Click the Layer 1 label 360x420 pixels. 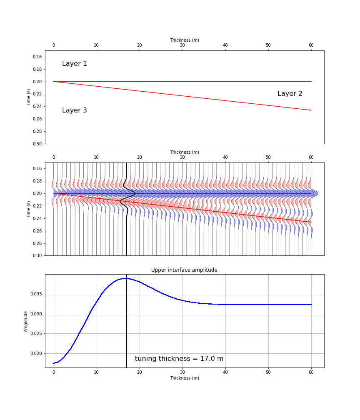coord(75,64)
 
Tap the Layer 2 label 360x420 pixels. coord(290,94)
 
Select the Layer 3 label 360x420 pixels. coord(75,110)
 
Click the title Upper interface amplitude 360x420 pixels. coord(184,270)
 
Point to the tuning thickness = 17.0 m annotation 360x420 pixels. coord(179,359)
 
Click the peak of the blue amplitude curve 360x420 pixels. coord(125,278)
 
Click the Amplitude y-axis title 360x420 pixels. coord(26,321)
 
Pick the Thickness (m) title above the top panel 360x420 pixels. coord(184,40)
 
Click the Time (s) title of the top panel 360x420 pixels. coord(29,97)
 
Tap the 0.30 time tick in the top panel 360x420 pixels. coord(37,144)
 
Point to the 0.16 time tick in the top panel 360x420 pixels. coord(37,57)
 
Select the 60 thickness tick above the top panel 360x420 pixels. coord(311,45)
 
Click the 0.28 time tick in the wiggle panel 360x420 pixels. coord(37,243)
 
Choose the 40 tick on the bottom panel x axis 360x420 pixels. coord(225,372)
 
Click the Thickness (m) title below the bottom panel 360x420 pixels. coord(184,378)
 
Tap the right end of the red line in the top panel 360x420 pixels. coord(311,110)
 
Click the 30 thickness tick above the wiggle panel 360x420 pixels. coord(182,157)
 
